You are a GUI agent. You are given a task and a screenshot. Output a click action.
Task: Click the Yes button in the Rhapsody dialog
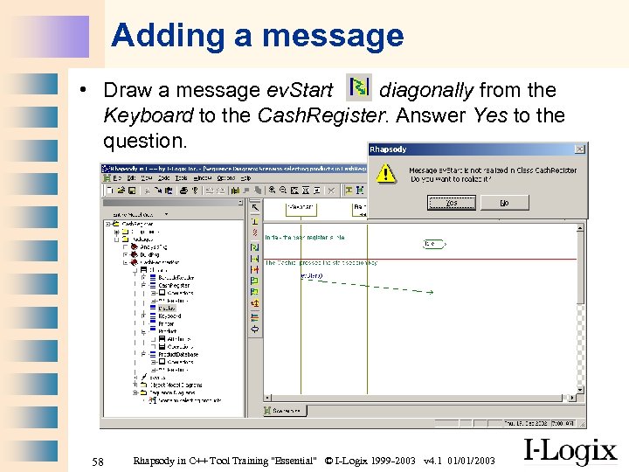452,203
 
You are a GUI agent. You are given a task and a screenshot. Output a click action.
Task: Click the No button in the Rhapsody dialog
504,203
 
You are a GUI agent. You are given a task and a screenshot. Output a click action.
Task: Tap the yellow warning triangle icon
385,172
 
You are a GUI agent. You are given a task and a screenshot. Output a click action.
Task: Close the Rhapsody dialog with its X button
579,149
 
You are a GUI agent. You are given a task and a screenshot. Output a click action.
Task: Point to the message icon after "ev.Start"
358,87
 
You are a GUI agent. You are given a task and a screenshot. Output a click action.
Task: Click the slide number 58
98,461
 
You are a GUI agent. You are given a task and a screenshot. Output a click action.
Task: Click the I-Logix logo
570,452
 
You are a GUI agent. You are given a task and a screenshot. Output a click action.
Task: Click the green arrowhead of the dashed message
430,292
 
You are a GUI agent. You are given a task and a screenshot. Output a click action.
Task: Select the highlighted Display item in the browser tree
167,308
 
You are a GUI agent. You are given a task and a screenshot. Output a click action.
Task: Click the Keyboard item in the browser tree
170,316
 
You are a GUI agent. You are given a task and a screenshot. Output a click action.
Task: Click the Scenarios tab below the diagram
286,410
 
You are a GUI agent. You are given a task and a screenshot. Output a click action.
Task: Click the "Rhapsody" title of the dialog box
389,149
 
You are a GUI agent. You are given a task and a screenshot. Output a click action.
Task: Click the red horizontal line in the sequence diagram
419,259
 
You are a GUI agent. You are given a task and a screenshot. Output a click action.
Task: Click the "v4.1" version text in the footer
433,461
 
